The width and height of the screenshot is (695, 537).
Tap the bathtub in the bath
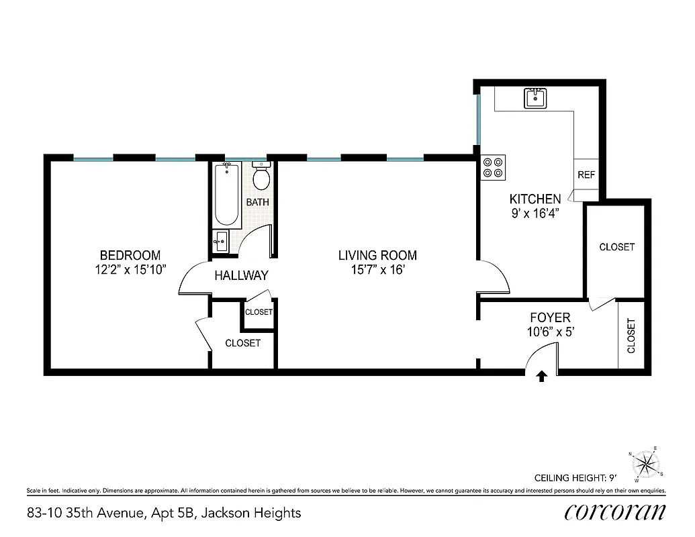pyautogui.click(x=226, y=194)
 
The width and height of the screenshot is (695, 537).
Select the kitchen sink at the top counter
pyautogui.click(x=535, y=99)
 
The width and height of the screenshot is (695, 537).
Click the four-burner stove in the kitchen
pyautogui.click(x=494, y=167)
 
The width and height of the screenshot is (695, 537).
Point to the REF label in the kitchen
pyautogui.click(x=586, y=175)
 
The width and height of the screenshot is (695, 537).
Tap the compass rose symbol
pyautogui.click(x=646, y=462)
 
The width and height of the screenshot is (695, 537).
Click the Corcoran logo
pyautogui.click(x=615, y=512)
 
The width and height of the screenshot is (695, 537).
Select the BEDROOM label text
pyautogui.click(x=130, y=255)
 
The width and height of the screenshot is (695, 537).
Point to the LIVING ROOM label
pyautogui.click(x=377, y=255)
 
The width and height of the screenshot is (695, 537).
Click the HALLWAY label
pyautogui.click(x=241, y=275)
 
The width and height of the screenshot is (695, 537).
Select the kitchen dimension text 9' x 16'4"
pyautogui.click(x=535, y=213)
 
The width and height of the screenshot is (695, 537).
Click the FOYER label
pyautogui.click(x=550, y=318)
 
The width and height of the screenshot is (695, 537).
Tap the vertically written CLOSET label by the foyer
pyautogui.click(x=631, y=336)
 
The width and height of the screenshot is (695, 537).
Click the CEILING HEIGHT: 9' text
pyautogui.click(x=575, y=479)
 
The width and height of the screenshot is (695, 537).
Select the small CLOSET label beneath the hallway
pyautogui.click(x=259, y=312)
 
